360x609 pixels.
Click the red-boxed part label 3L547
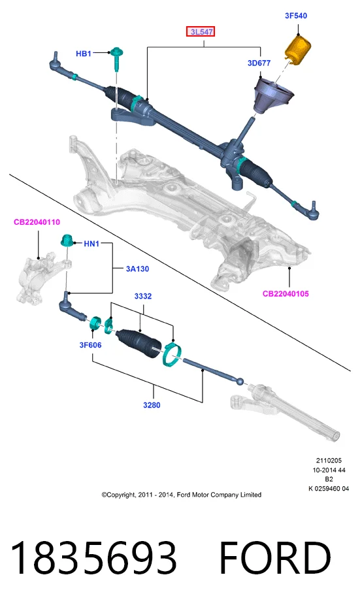click(201, 31)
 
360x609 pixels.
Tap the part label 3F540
click(296, 16)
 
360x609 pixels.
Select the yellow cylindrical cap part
click(298, 50)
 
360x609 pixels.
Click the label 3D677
click(259, 63)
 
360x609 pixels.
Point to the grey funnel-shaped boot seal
click(273, 96)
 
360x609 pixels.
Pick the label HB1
click(83, 54)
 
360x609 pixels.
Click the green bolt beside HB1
click(116, 58)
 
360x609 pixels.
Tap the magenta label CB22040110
click(37, 222)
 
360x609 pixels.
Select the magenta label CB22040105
click(286, 293)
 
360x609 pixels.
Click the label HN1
click(91, 244)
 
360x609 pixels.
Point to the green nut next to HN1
click(67, 241)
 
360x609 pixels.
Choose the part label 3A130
click(137, 269)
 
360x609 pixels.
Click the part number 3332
click(143, 296)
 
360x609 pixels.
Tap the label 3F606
click(90, 345)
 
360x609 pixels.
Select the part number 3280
click(152, 404)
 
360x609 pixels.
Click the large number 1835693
click(93, 557)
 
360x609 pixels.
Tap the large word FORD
click(275, 557)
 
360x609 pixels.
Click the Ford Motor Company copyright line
click(182, 495)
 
